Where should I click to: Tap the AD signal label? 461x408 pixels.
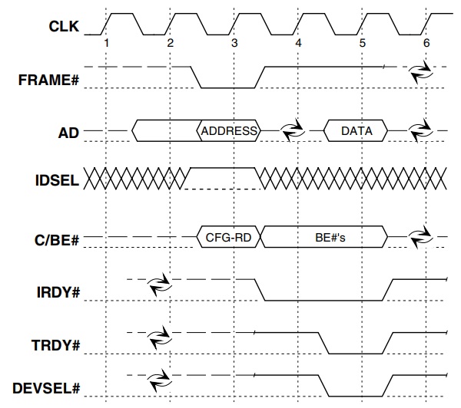click(x=69, y=132)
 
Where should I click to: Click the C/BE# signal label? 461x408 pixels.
click(x=56, y=240)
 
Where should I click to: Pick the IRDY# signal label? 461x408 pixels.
click(x=58, y=292)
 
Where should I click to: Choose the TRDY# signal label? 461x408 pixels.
click(x=58, y=345)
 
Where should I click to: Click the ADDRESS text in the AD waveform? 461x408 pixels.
click(x=229, y=131)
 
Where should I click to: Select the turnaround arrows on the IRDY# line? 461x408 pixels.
click(x=159, y=283)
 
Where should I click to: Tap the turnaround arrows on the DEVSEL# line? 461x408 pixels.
click(x=159, y=379)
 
